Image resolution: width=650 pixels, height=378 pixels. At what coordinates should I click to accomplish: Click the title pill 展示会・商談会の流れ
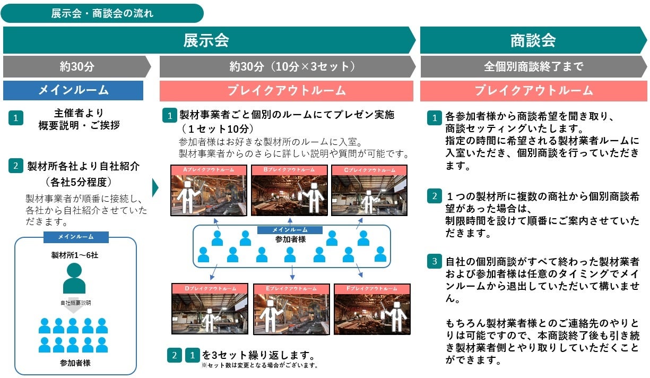click(x=102, y=13)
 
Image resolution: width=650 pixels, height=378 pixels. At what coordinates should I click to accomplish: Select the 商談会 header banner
click(x=533, y=40)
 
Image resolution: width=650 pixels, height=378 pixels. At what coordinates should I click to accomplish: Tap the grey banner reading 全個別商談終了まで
click(x=533, y=67)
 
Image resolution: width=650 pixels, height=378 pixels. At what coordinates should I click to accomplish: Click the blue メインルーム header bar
click(x=73, y=90)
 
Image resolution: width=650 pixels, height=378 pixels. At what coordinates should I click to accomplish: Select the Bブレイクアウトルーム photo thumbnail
click(x=289, y=190)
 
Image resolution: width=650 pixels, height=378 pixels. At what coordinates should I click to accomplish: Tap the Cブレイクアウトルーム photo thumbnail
click(x=369, y=190)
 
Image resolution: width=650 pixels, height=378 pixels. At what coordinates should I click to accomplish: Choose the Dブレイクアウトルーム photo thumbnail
click(x=210, y=309)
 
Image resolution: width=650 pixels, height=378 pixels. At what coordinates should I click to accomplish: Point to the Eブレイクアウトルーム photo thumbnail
click(x=291, y=309)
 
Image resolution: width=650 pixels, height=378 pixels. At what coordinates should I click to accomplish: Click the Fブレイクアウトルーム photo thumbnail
click(x=371, y=309)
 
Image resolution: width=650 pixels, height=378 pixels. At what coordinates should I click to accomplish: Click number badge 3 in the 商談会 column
click(x=434, y=262)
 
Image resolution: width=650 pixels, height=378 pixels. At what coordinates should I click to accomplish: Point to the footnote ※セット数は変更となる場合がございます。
click(x=259, y=365)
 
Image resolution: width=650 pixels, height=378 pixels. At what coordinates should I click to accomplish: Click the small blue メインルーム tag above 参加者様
click(x=290, y=230)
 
